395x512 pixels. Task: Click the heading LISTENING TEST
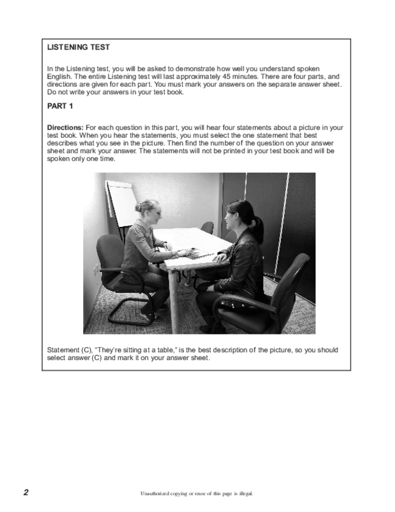[x=78, y=47]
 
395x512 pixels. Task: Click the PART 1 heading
[x=60, y=106]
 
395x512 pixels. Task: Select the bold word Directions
[x=65, y=128]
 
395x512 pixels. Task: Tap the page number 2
[x=26, y=492]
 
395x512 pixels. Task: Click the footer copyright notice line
[x=197, y=493]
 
